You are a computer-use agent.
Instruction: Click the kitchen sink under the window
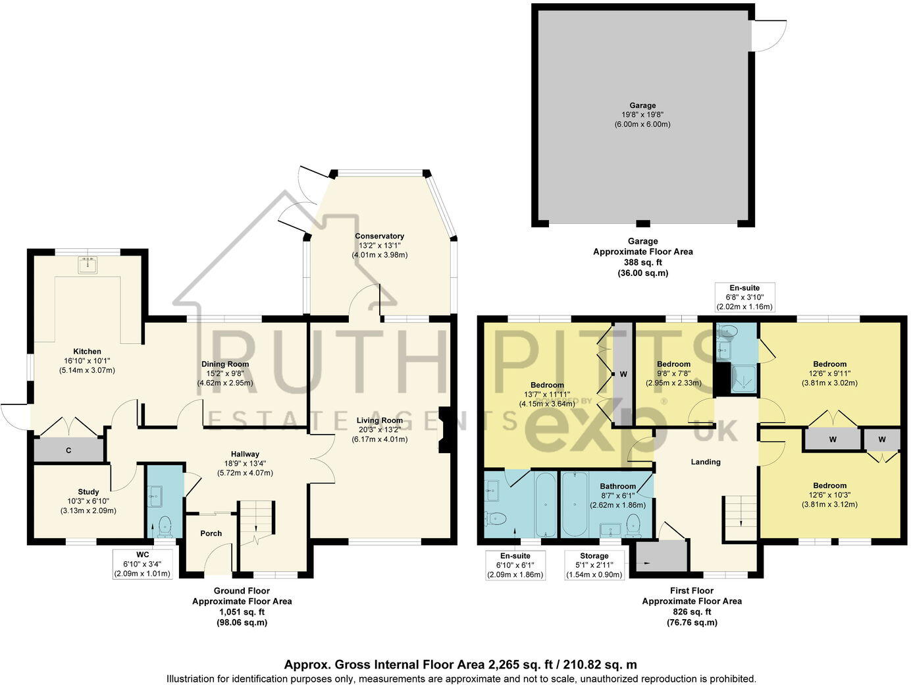tap(88, 265)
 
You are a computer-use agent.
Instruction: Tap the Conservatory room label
tap(379, 236)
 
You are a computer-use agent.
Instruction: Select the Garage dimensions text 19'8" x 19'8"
tap(642, 115)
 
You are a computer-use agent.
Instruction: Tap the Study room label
tap(88, 491)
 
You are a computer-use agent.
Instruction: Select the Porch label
tap(211, 534)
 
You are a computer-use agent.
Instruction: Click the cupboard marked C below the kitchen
tap(68, 451)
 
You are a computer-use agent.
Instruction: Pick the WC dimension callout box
tap(143, 564)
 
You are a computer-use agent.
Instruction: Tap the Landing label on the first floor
tap(705, 462)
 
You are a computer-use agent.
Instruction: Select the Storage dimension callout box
tap(594, 565)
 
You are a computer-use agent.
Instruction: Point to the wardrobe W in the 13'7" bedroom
tap(623, 374)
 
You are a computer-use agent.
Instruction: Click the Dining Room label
tap(225, 364)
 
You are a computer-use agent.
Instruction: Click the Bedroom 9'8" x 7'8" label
tap(673, 364)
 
